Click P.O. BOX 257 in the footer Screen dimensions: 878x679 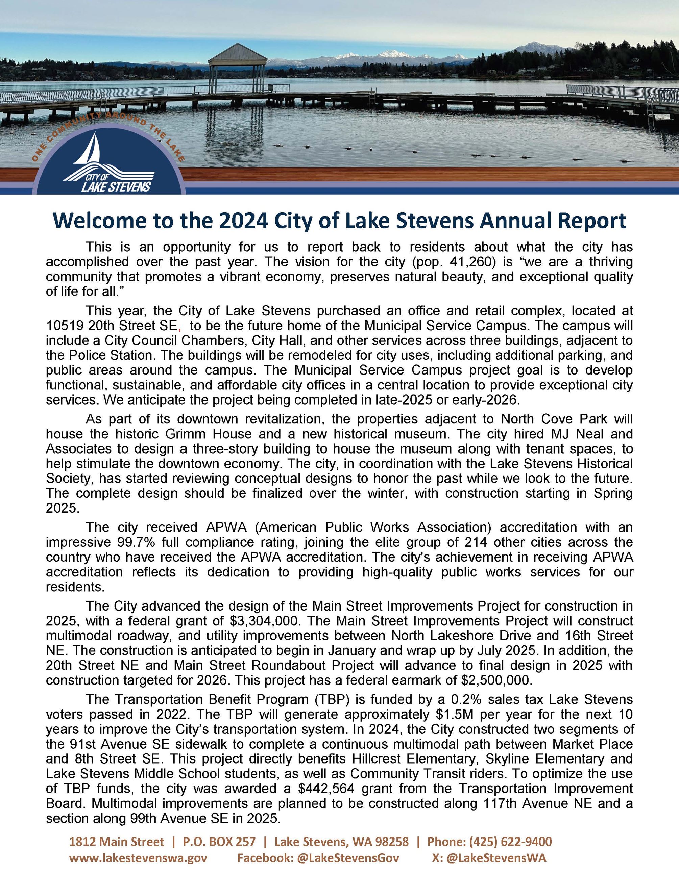pos(219,842)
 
